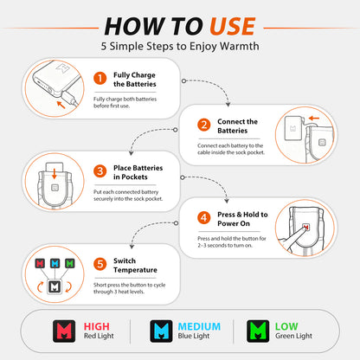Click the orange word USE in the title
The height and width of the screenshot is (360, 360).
[x=233, y=26]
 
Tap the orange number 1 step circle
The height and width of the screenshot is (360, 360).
[x=100, y=78]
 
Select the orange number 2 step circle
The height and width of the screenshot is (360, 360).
[x=204, y=125]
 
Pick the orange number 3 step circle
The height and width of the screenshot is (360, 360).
[x=100, y=171]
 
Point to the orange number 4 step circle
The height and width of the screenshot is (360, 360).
[x=204, y=217]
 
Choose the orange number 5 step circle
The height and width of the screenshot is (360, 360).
[x=100, y=264]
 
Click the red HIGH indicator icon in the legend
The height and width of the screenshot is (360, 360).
[x=64, y=331]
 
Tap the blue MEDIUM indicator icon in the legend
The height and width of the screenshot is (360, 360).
[x=161, y=331]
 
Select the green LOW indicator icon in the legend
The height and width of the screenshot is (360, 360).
[x=258, y=331]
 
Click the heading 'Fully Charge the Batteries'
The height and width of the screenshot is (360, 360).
[x=135, y=80]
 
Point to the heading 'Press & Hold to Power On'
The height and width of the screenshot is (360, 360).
[x=242, y=219]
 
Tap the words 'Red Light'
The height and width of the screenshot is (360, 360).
[x=99, y=336]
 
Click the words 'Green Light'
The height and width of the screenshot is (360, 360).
[x=293, y=336]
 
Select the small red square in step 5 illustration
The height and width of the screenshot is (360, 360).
[x=40, y=263]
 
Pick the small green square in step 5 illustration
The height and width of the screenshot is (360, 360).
[x=69, y=263]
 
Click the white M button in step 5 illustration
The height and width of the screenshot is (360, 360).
[x=55, y=286]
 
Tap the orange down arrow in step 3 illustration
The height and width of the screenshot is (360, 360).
[x=54, y=173]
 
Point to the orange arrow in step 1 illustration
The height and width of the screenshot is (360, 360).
[x=61, y=105]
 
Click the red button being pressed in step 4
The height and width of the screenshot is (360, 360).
[x=305, y=227]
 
